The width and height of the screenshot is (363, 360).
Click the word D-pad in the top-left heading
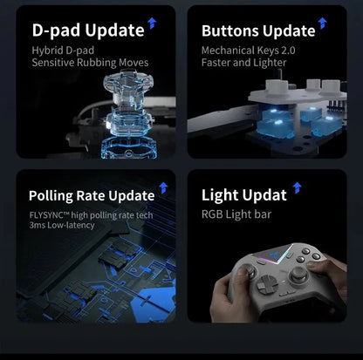pos(56,31)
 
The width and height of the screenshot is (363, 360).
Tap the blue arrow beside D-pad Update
pos(152,24)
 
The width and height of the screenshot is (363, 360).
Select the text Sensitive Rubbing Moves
pos(90,63)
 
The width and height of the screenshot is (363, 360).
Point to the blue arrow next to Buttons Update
pos(322,24)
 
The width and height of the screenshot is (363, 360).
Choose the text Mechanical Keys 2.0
pos(249,51)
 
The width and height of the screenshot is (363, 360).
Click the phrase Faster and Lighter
pos(243,63)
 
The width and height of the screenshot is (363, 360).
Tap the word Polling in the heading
pos(51,196)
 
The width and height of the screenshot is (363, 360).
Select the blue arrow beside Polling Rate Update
pos(163,187)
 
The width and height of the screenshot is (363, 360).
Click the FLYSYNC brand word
pos(46,215)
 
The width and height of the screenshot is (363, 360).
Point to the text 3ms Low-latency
pos(62,226)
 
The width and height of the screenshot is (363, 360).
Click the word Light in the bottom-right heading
pos(219,195)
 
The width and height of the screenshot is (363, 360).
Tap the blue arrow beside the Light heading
pos(297,187)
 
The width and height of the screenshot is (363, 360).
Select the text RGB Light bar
pos(236,214)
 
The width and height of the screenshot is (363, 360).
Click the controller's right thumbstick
pos(298,275)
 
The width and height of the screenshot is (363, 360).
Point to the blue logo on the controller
pos(274,255)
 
